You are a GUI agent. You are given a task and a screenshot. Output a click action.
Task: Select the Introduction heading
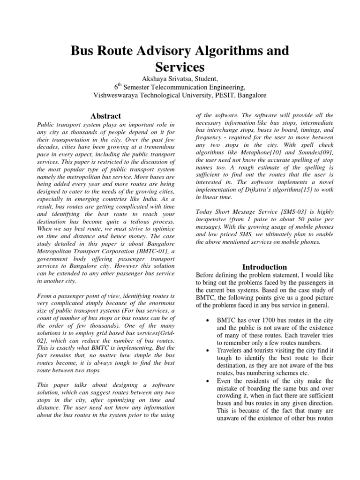(264, 267)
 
